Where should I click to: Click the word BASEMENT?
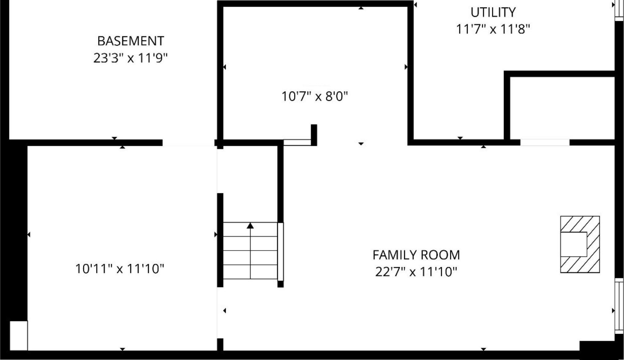[x=130, y=41]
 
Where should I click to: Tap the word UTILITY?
[x=493, y=12]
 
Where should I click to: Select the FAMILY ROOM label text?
[x=416, y=255]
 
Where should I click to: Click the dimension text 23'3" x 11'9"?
[x=130, y=58]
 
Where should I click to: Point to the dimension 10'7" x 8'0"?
[x=315, y=96]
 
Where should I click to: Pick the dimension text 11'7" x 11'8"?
[x=493, y=29]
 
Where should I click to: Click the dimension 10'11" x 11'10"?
[x=119, y=269]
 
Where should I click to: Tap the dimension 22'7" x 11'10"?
[x=416, y=272]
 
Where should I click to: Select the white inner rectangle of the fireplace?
[x=573, y=244]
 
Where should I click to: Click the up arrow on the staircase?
[x=250, y=226]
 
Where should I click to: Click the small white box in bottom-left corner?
[x=19, y=335]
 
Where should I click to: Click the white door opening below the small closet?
[x=545, y=142]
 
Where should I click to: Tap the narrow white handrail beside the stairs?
[x=280, y=251]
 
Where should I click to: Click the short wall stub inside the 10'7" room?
[x=314, y=134]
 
